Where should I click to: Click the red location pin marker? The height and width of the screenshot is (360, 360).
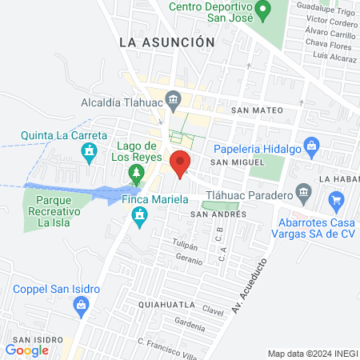click(x=180, y=162)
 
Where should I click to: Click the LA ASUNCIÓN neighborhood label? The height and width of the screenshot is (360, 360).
click(x=166, y=42)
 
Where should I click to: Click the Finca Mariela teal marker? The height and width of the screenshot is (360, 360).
click(x=142, y=215)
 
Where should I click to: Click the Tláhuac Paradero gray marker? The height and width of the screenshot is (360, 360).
click(x=302, y=192)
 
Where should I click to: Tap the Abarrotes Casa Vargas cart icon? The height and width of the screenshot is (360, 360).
click(x=336, y=200)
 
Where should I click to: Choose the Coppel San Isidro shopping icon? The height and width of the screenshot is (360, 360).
click(x=81, y=305)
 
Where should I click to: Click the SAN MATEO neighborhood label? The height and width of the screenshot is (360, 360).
click(x=255, y=110)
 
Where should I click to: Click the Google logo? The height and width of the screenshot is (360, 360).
click(x=27, y=350)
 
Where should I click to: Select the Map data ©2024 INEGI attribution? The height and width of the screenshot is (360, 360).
click(x=311, y=354)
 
